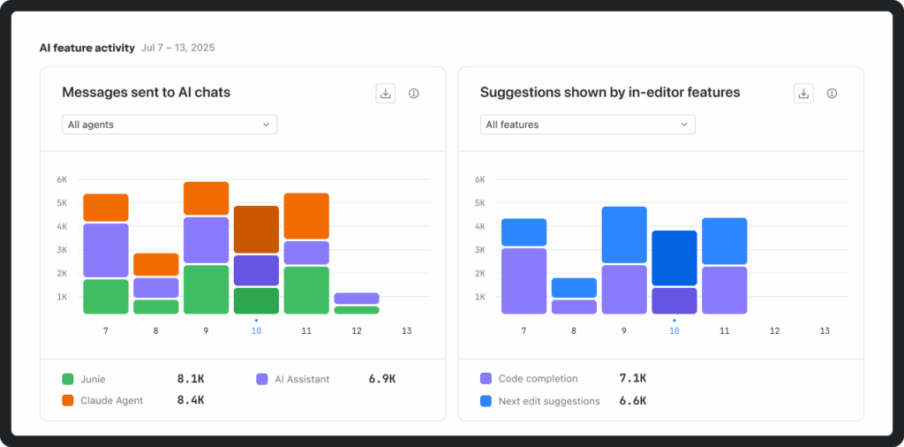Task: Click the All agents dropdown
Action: [x=169, y=125]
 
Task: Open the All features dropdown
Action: [x=587, y=125]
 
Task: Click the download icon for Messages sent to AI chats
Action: [x=385, y=93]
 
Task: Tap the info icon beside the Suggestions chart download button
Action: [x=832, y=93]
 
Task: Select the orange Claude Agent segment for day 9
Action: [x=206, y=199]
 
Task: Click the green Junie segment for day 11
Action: [x=306, y=290]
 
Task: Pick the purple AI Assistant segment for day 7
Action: [x=106, y=251]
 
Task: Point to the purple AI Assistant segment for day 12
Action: [x=357, y=299]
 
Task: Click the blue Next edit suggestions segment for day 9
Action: [x=624, y=235]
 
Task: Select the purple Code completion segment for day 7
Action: [x=524, y=281]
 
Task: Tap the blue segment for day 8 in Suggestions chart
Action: [x=574, y=288]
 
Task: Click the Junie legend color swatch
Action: [x=67, y=379]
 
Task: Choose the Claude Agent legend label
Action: [x=110, y=400]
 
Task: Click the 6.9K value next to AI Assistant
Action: [x=381, y=379]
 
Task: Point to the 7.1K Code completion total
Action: [x=632, y=378]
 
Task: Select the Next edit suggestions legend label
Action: [x=548, y=401]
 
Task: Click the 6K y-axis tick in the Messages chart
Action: [x=62, y=179]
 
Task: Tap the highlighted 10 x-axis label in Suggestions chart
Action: [x=674, y=330]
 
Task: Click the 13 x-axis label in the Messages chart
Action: [x=406, y=330]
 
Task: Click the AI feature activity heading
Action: [x=87, y=48]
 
